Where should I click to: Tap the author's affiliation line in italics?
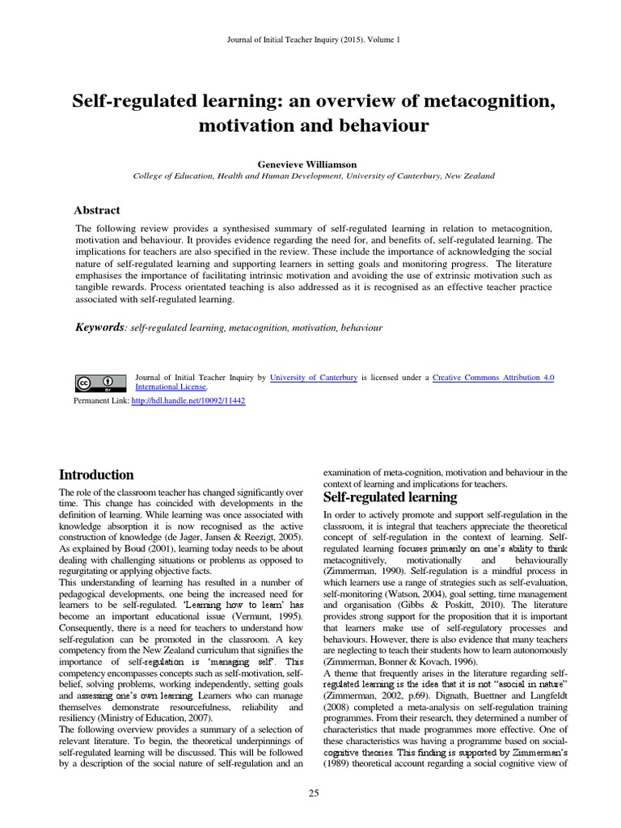(313, 175)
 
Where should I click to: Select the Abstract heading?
(97, 209)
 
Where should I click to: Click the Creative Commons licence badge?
(100, 382)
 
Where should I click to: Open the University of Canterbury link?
(314, 377)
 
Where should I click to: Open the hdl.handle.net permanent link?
(188, 400)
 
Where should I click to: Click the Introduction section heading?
(97, 475)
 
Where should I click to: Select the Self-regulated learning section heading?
(390, 496)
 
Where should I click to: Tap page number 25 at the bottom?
(314, 793)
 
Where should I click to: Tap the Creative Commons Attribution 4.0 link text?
(493, 377)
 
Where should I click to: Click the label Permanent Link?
(101, 400)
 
